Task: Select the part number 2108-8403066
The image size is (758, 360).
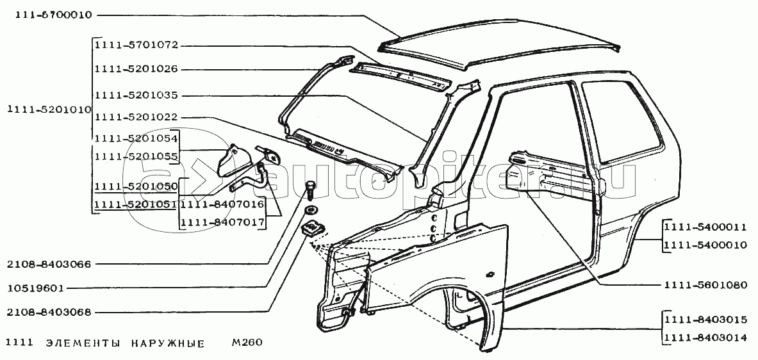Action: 49,263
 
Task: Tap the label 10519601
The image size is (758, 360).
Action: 36,288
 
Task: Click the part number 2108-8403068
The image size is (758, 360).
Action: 49,313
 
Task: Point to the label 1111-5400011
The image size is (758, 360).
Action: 705,227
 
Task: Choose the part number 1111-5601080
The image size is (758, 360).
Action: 705,285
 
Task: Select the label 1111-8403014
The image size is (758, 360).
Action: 705,339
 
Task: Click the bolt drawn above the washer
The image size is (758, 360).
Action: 311,190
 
